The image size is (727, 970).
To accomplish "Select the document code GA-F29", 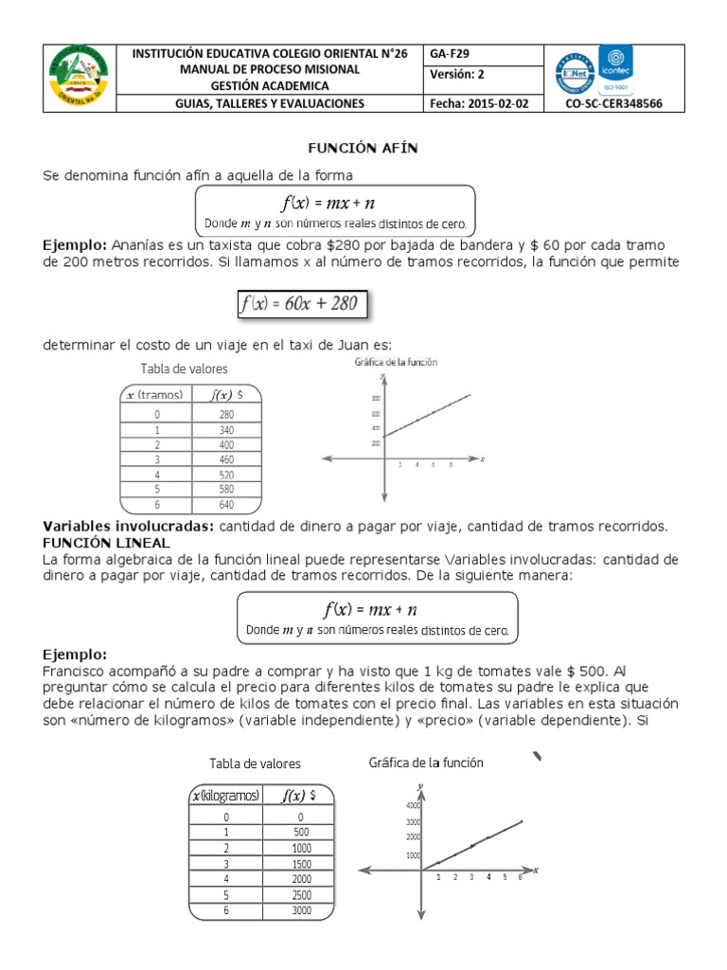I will pos(450,54).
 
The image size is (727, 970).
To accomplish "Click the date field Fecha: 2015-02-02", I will pos(479,104).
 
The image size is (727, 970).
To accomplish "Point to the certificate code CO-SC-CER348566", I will pos(612,104).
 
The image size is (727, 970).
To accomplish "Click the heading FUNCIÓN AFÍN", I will pos(363,150).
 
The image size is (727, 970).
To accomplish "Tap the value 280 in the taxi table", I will pos(225,414).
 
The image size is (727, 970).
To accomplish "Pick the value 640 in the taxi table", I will pos(225,505).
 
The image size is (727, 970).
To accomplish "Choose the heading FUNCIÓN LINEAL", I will pos(107,543).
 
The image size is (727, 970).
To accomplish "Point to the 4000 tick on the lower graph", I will pos(414,805).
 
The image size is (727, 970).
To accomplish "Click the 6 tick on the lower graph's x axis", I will pos(519,878).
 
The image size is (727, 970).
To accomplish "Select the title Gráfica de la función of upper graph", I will pos(396,363).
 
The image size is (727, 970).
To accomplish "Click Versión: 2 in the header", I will pos(458,76).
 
